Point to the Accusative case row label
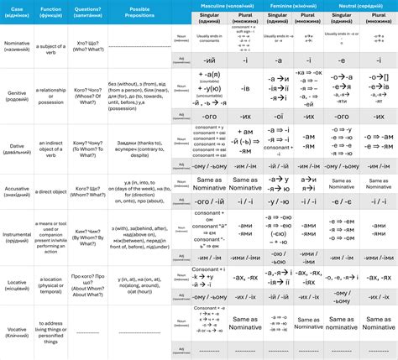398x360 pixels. pos(19,191)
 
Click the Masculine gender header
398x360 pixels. pos(230,5)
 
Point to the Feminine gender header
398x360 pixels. pos(295,5)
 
